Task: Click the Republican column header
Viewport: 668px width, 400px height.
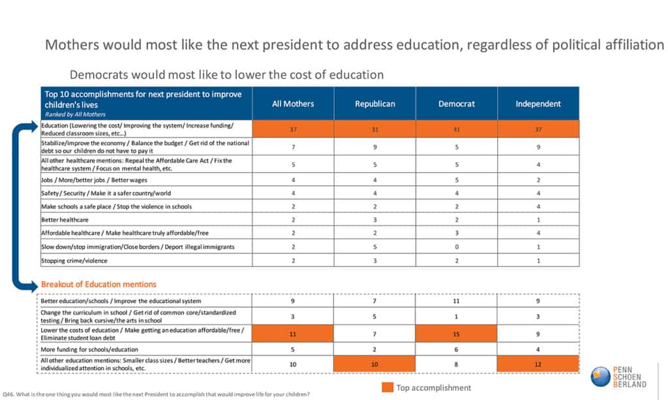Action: pyautogui.click(x=375, y=104)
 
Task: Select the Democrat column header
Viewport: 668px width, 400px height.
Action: pyautogui.click(x=457, y=104)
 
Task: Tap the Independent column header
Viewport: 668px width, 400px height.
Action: pyautogui.click(x=538, y=104)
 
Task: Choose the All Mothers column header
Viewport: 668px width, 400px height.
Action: pyautogui.click(x=293, y=104)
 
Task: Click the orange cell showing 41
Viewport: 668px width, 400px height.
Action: pyautogui.click(x=457, y=129)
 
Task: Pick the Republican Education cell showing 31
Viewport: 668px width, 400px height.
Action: pyautogui.click(x=375, y=129)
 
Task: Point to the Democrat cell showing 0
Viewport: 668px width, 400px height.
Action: pyautogui.click(x=457, y=246)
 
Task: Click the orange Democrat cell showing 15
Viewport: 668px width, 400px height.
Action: pyautogui.click(x=457, y=334)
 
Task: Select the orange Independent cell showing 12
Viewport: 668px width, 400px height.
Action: pyautogui.click(x=538, y=364)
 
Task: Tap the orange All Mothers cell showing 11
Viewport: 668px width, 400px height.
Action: pyautogui.click(x=293, y=334)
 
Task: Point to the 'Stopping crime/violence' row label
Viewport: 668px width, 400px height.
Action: pyautogui.click(x=74, y=261)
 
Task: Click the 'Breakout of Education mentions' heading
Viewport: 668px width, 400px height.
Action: pyautogui.click(x=99, y=284)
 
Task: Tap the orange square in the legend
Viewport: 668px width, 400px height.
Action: pyautogui.click(x=387, y=388)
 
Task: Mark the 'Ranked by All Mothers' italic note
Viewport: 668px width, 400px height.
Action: pyautogui.click(x=74, y=114)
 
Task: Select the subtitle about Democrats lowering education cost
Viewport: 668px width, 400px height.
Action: pyautogui.click(x=226, y=74)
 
